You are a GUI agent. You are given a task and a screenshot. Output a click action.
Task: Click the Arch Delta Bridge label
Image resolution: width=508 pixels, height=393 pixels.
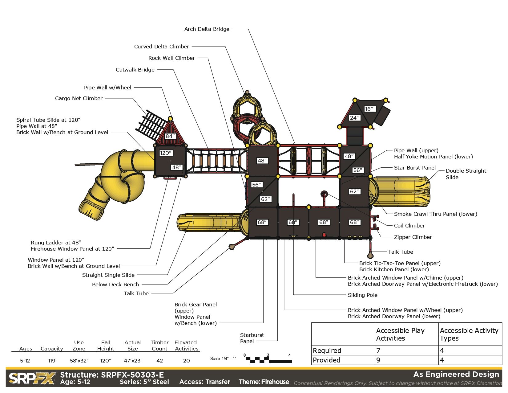[x=207, y=29]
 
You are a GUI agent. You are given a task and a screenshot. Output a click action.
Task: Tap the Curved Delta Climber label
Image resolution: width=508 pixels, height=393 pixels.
[x=161, y=47]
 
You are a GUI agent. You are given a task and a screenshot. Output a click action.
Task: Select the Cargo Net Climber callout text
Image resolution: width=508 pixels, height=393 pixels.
[x=79, y=98]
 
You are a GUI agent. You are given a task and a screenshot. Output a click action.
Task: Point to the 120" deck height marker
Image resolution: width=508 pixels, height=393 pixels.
[x=166, y=153]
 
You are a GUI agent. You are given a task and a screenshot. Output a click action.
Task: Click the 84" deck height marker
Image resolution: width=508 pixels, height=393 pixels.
[x=170, y=136]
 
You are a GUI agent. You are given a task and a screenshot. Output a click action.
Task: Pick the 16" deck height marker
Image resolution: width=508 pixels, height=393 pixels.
[x=369, y=109]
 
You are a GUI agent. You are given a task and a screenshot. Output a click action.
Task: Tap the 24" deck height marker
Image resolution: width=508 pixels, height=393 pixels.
[x=354, y=118]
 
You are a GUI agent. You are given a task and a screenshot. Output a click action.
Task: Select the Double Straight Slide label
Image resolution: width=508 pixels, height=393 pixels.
[x=466, y=174]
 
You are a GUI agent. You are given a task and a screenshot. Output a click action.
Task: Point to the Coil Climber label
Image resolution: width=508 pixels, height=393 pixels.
[x=409, y=226]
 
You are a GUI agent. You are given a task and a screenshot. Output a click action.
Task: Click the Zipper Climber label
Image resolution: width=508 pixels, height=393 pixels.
[x=413, y=237]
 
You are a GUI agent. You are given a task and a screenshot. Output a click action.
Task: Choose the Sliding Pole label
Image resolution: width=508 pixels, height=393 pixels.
[x=362, y=295]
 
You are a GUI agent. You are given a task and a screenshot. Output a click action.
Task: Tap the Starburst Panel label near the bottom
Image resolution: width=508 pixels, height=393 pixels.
[x=252, y=338]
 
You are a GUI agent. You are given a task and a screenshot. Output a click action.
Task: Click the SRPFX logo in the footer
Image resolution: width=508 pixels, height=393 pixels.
[x=32, y=378]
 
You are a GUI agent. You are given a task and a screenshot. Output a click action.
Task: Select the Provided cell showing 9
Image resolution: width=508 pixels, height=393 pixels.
[x=378, y=360]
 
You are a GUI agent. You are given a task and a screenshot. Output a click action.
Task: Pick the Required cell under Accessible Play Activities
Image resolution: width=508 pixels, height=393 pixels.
[x=378, y=350]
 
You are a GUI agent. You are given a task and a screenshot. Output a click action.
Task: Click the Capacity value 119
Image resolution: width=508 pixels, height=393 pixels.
[x=52, y=361]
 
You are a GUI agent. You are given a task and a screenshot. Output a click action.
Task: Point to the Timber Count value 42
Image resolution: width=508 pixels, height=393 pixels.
[x=159, y=361]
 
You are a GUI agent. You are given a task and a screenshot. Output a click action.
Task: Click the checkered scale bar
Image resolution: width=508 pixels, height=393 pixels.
[x=268, y=359]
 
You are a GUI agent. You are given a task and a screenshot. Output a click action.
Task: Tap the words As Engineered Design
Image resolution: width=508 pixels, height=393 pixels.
[x=456, y=374]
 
